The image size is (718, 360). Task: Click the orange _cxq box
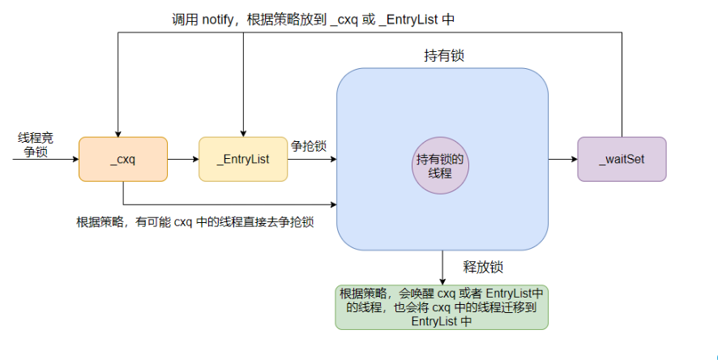(x=122, y=159)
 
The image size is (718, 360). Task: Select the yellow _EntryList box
(x=243, y=159)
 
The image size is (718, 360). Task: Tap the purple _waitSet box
(x=622, y=159)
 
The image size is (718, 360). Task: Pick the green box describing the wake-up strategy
(x=442, y=306)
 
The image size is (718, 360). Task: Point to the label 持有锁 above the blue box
(x=444, y=56)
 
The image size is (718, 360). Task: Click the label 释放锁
(x=484, y=267)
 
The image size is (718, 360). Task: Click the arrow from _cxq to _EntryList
(x=182, y=159)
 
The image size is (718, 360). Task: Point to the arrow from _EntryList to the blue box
(x=312, y=159)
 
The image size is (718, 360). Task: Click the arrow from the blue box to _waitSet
(x=562, y=159)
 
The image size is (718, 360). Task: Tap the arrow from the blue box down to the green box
(x=442, y=267)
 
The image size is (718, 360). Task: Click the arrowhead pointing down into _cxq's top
(x=118, y=131)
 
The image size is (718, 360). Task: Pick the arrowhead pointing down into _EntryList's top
(x=242, y=131)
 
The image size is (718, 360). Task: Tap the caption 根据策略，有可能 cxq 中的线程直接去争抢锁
(x=194, y=221)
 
